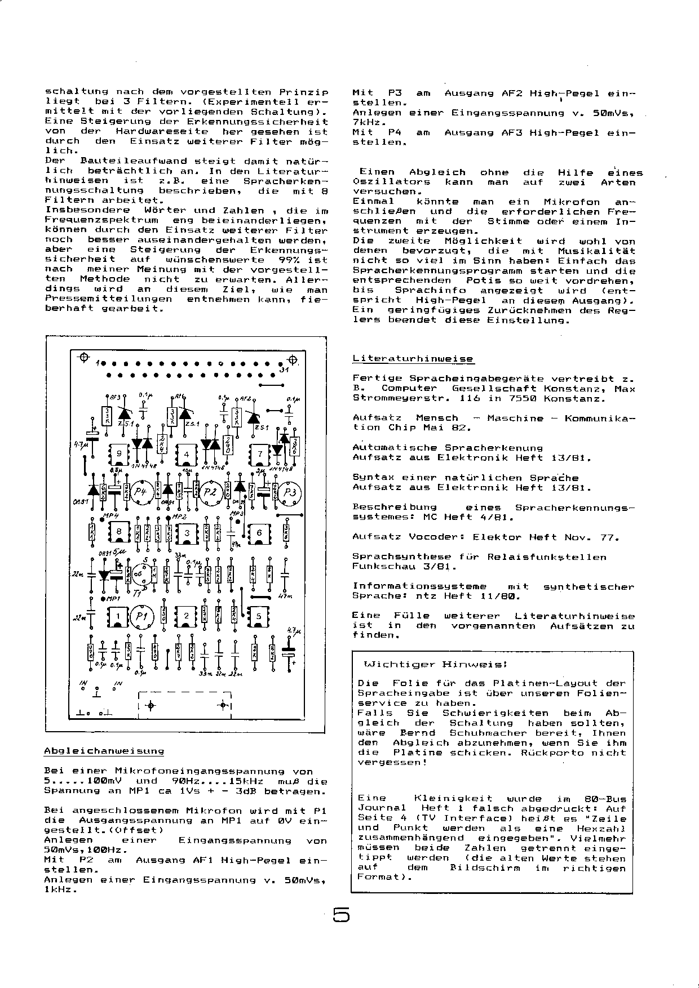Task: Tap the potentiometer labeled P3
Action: [x=290, y=492]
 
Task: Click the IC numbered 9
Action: [x=119, y=454]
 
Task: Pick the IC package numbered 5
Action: [x=259, y=616]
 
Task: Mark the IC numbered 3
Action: [x=187, y=533]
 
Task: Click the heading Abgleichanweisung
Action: [x=104, y=751]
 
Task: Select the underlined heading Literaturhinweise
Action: [x=413, y=359]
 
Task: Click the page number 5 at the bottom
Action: [x=341, y=915]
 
